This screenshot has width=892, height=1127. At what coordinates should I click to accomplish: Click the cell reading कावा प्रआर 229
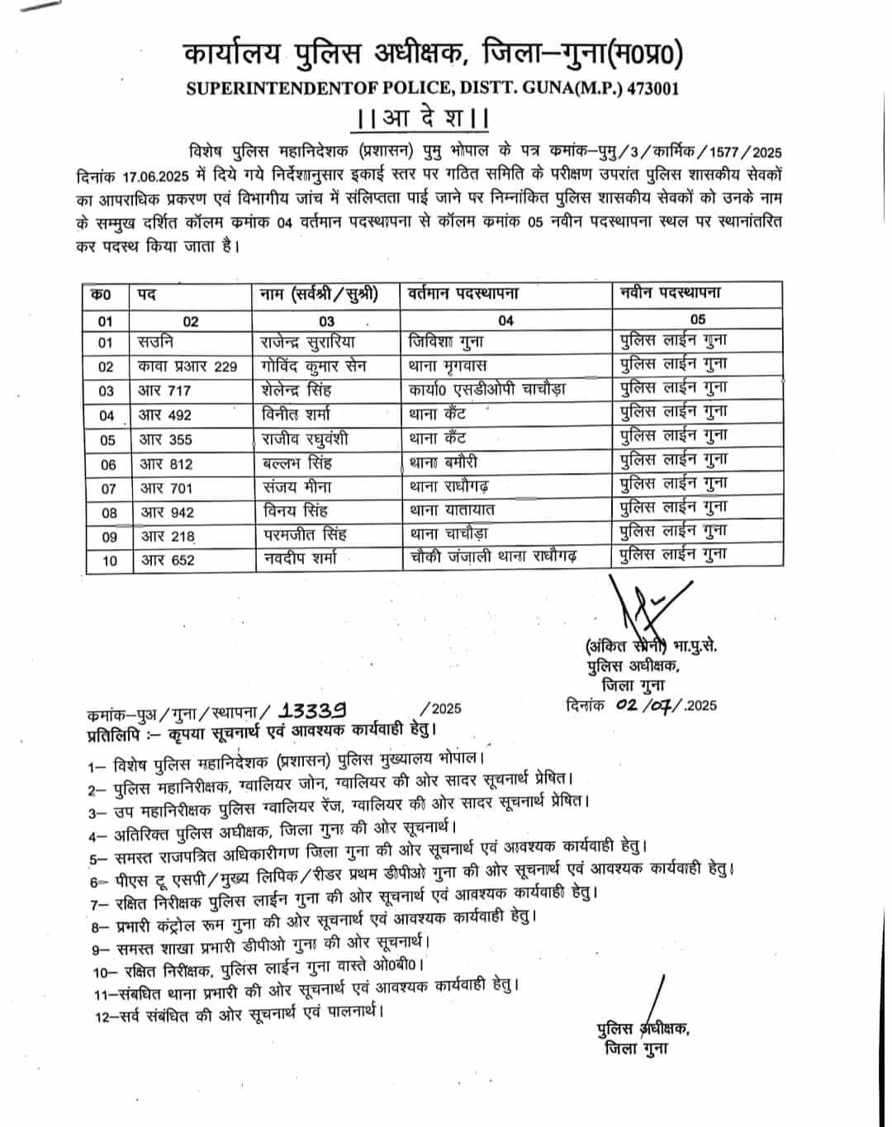click(x=188, y=366)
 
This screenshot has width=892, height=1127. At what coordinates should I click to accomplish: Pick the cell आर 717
click(x=165, y=391)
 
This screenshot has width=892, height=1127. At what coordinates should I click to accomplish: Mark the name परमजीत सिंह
click(x=306, y=535)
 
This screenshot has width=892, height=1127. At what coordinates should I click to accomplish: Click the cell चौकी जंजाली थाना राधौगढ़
click(x=493, y=557)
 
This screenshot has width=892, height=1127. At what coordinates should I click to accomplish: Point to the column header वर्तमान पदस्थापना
click(x=463, y=294)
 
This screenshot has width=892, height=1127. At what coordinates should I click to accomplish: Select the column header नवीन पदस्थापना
click(x=671, y=293)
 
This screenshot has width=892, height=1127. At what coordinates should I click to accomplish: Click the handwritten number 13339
click(x=313, y=710)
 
